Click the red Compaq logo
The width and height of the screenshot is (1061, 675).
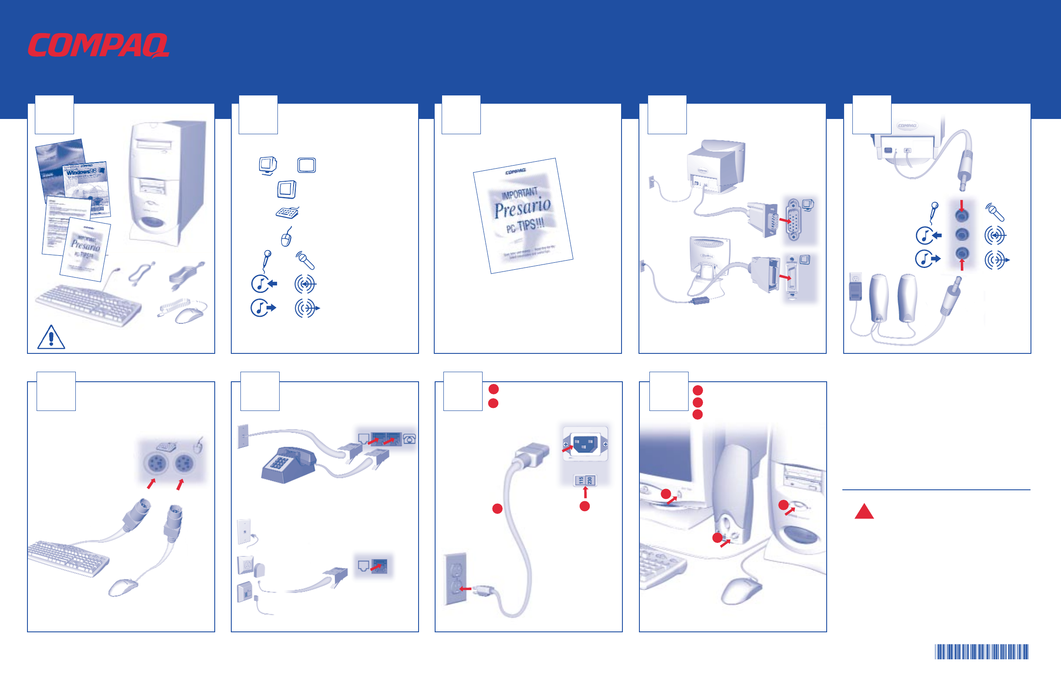(x=98, y=45)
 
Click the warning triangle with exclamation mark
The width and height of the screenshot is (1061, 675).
(x=51, y=338)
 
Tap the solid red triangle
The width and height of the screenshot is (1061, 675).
(x=864, y=512)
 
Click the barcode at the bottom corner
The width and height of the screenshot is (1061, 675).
(x=981, y=651)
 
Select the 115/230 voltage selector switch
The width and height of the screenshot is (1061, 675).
(x=585, y=480)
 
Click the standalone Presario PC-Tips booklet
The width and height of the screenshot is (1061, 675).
(x=523, y=215)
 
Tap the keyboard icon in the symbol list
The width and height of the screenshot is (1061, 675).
(x=287, y=213)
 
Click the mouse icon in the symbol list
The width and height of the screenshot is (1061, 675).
(x=287, y=237)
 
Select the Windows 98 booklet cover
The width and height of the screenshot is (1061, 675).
(x=86, y=187)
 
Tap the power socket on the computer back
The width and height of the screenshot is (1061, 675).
(x=585, y=444)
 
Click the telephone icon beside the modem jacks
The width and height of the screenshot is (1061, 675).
(x=409, y=439)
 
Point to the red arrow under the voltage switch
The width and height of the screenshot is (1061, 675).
(x=585, y=492)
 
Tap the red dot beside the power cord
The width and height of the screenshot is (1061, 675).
(x=497, y=509)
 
